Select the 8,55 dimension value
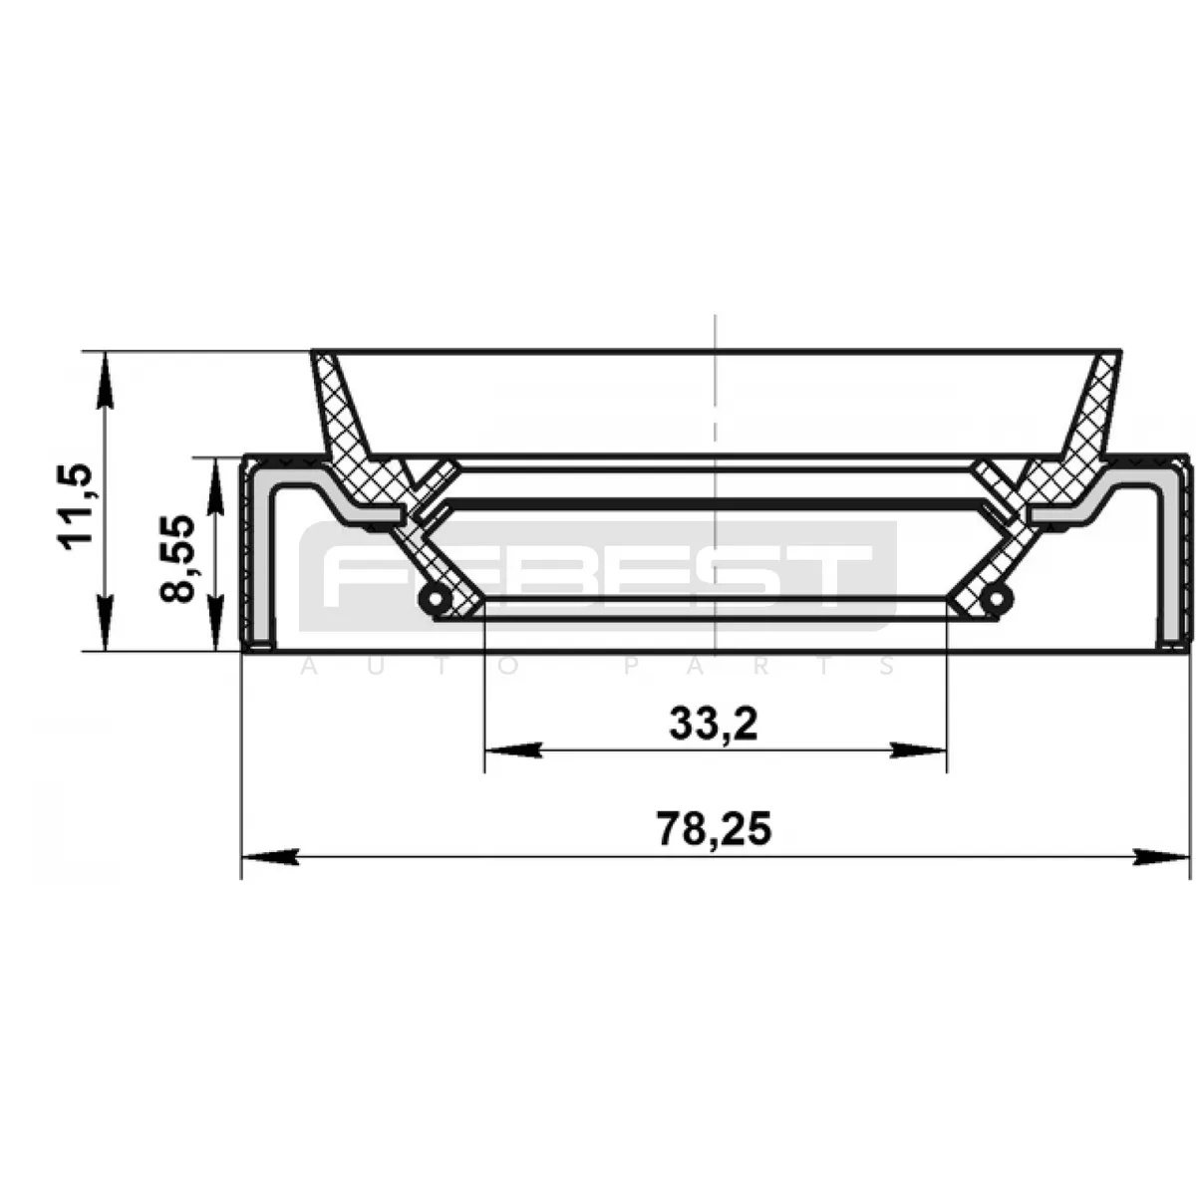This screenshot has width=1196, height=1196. click(x=176, y=558)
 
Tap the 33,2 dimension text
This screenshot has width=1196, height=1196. click(x=714, y=725)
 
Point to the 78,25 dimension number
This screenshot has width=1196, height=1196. click(x=715, y=829)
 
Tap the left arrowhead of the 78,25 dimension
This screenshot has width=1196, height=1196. click(x=270, y=857)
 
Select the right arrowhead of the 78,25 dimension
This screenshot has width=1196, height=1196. click(x=1162, y=857)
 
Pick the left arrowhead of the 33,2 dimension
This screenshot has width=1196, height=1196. click(x=512, y=750)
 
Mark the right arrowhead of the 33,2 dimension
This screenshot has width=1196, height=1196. click(x=919, y=750)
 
